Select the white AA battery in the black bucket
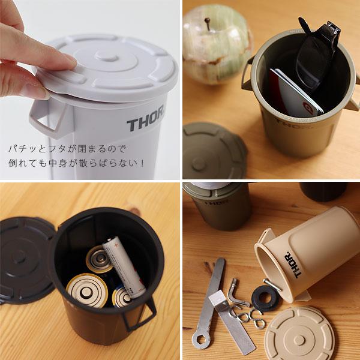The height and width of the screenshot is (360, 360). [124, 264]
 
